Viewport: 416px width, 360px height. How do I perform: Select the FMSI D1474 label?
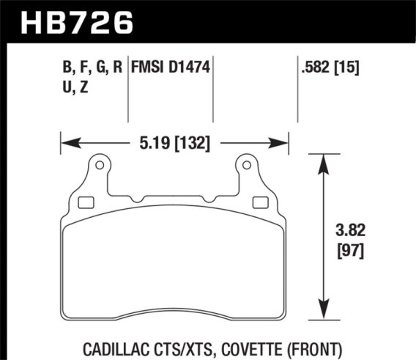[x=170, y=70]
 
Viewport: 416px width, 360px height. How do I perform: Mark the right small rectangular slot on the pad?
[x=259, y=202]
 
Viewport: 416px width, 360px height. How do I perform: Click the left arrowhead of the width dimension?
[x=65, y=142]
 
